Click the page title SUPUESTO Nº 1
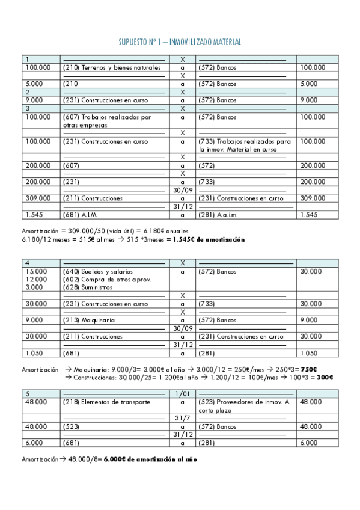pos(180,42)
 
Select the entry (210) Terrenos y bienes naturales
pos(112,67)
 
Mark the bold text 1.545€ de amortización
pos(209,239)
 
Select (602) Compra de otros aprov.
pos(106,280)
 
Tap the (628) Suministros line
pos(88,287)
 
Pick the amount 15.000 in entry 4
pos(35,272)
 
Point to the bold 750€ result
pos(309,369)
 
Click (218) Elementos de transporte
pos(106,402)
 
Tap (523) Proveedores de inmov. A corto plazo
pos(243,406)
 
